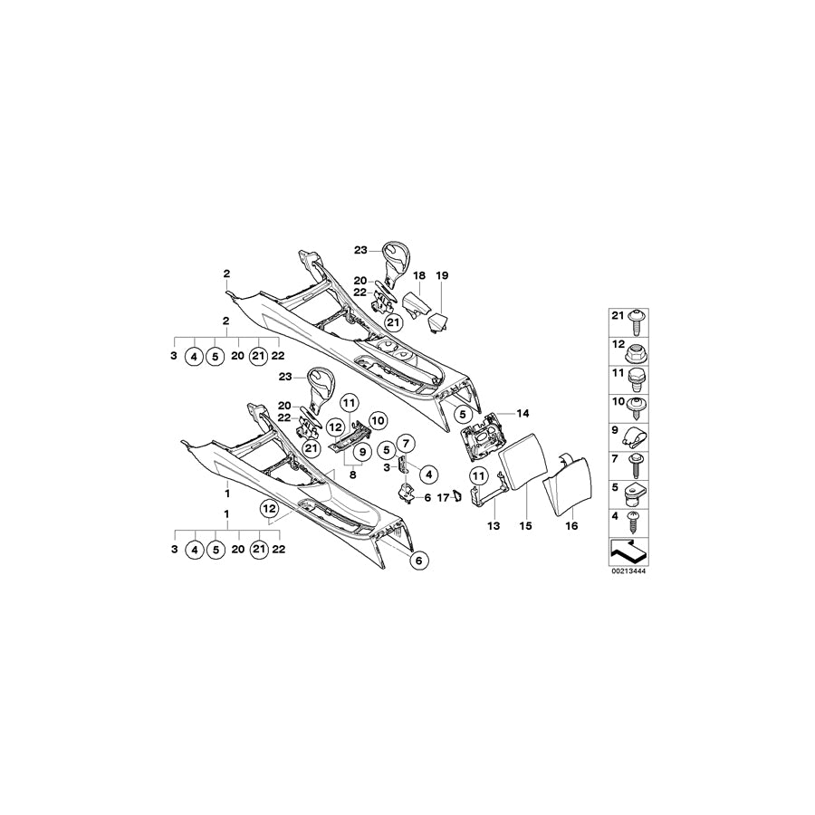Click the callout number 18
(x=419, y=274)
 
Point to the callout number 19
(x=442, y=274)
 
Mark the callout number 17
(x=443, y=496)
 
